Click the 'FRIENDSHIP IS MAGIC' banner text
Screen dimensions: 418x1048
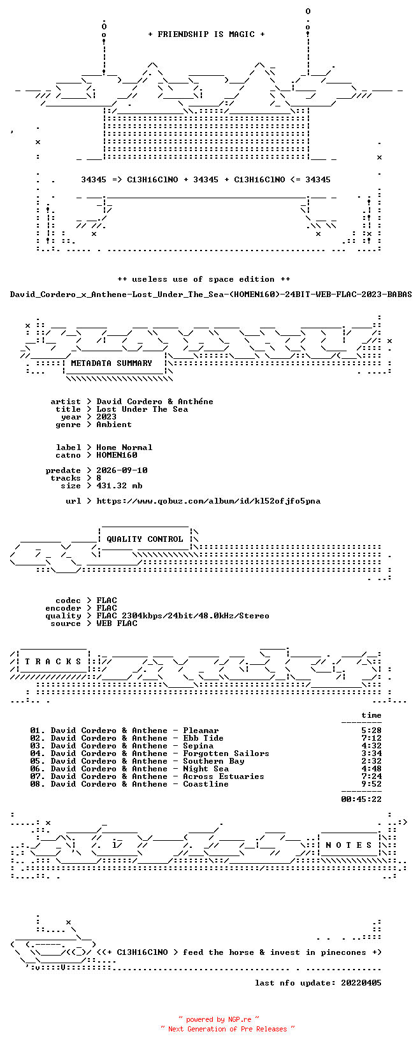click(x=206, y=34)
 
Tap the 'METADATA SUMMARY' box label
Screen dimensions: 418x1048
click(x=112, y=363)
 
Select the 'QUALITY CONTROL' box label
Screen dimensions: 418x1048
click(x=145, y=539)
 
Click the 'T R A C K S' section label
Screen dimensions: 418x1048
click(x=53, y=662)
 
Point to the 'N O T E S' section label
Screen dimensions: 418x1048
click(x=349, y=845)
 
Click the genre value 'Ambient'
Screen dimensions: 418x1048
click(x=114, y=425)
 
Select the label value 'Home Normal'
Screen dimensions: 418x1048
click(x=124, y=448)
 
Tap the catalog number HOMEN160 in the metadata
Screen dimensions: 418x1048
click(x=117, y=455)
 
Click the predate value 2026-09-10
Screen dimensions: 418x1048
click(x=122, y=470)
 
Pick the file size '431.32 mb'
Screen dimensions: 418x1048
click(x=119, y=486)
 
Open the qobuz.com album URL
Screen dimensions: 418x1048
click(x=208, y=501)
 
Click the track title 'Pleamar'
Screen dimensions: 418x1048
click(x=201, y=731)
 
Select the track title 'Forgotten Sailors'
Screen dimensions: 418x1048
click(x=226, y=753)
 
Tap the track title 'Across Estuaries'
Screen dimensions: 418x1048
click(x=224, y=776)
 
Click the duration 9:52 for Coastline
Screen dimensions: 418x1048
click(x=371, y=784)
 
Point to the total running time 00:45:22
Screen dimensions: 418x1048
click(x=361, y=799)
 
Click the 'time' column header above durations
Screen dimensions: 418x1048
click(x=371, y=715)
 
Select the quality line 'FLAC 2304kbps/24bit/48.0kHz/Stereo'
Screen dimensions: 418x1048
click(x=183, y=616)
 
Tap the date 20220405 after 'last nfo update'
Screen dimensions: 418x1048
click(x=361, y=983)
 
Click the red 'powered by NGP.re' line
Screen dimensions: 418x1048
click(x=219, y=1019)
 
